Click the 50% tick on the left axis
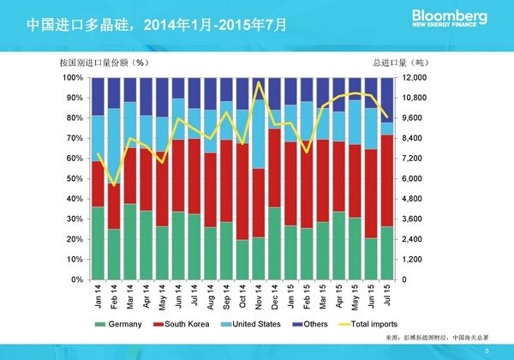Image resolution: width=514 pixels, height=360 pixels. (75, 178)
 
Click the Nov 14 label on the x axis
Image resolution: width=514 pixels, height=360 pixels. (260, 297)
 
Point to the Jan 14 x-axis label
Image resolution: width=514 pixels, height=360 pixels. (99, 297)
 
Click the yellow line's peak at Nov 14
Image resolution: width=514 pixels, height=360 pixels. (259, 82)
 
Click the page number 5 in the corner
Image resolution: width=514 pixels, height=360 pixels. (486, 350)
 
